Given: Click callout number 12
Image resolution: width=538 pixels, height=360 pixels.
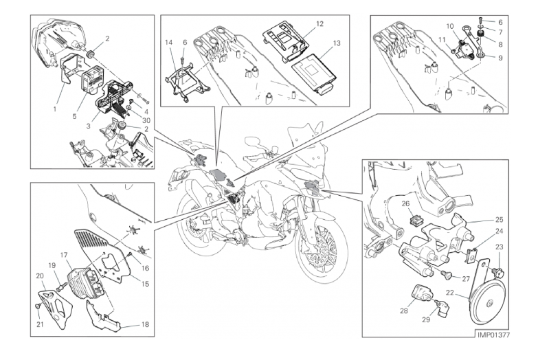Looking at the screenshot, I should click(320, 23).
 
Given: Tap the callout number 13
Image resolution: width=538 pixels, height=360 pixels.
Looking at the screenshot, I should click(336, 43).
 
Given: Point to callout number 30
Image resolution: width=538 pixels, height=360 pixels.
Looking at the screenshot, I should click(146, 120).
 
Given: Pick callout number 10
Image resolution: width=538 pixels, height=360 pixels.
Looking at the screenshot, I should click(449, 26).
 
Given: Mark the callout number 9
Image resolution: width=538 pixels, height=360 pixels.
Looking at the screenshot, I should click(500, 58).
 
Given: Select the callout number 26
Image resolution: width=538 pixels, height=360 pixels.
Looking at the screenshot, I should click(405, 203).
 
